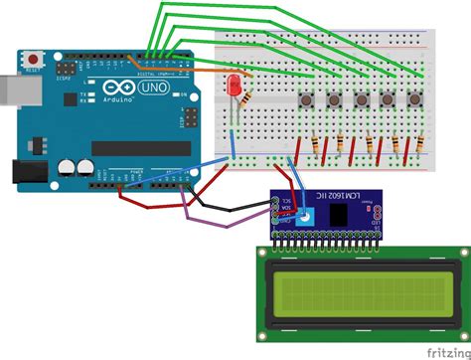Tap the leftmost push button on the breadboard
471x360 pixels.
(x=307, y=100)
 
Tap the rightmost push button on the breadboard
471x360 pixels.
(x=409, y=100)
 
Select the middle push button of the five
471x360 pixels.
(x=359, y=100)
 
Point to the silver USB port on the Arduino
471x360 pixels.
(x=13, y=85)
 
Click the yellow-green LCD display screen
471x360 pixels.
(x=357, y=289)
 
